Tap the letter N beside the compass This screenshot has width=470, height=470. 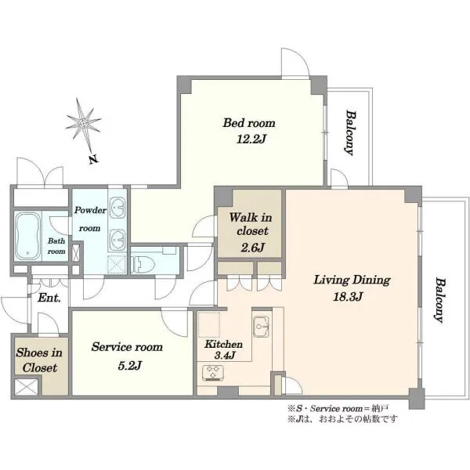[93, 160]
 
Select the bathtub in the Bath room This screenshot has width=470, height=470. [28, 237]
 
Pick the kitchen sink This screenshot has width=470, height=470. [262, 326]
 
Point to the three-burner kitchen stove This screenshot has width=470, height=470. [213, 373]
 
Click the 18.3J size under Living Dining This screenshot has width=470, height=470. [348, 297]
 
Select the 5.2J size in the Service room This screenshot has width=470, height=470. [130, 366]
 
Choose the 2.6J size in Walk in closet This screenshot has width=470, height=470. [253, 248]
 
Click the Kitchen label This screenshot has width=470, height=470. [223, 344]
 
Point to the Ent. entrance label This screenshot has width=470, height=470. [49, 298]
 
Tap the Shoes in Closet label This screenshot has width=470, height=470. [39, 360]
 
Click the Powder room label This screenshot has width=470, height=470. [90, 219]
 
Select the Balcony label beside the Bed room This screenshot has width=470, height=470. [350, 133]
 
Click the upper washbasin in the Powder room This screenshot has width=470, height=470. [117, 208]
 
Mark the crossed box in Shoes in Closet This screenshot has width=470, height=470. [27, 387]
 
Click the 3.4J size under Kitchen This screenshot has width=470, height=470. [225, 355]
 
